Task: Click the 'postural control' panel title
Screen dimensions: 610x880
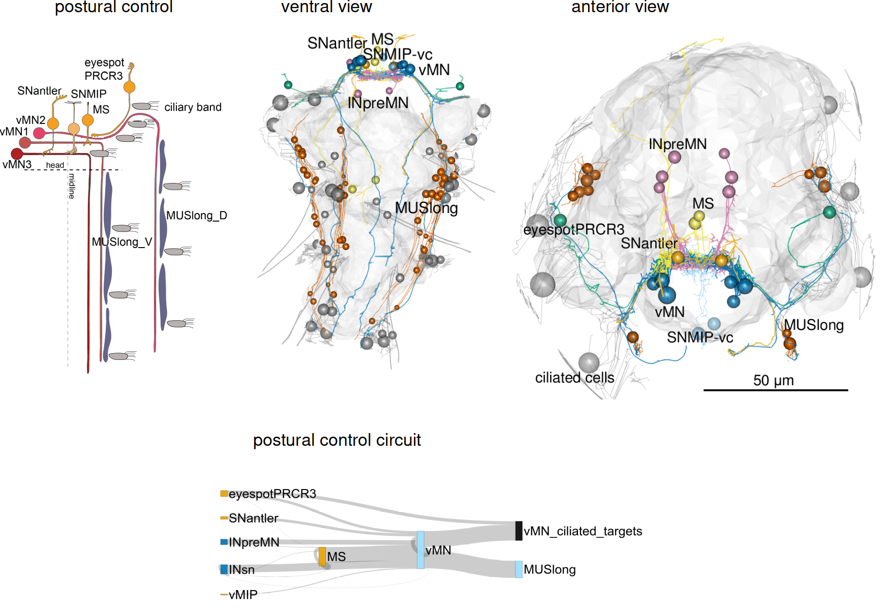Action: pyautogui.click(x=114, y=7)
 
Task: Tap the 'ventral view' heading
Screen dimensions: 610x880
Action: pyautogui.click(x=326, y=7)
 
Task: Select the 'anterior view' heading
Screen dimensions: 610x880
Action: pyautogui.click(x=620, y=7)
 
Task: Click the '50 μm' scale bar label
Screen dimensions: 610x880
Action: pyautogui.click(x=773, y=380)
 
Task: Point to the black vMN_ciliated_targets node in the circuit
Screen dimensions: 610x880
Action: pyautogui.click(x=519, y=531)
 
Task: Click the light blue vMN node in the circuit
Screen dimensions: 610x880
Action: pyautogui.click(x=420, y=550)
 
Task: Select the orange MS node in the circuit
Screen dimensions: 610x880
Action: pyautogui.click(x=322, y=557)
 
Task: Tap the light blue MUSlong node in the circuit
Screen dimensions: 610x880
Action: pyautogui.click(x=519, y=569)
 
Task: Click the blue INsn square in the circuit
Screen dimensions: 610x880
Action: pyautogui.click(x=224, y=569)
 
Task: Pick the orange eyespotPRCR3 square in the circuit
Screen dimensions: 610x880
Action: pyautogui.click(x=224, y=494)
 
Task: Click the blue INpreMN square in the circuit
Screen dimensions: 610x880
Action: pyautogui.click(x=224, y=542)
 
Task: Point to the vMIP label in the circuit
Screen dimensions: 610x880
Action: pyautogui.click(x=243, y=594)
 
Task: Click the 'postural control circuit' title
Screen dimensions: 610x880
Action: pyautogui.click(x=337, y=440)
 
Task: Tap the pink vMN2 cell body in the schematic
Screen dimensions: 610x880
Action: pyautogui.click(x=39, y=133)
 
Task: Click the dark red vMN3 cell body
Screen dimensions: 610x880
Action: pyautogui.click(x=17, y=154)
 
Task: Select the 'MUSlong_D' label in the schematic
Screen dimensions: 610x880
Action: pyautogui.click(x=196, y=216)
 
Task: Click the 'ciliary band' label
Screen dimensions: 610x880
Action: pyautogui.click(x=193, y=107)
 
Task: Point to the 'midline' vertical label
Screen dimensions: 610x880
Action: pyautogui.click(x=72, y=186)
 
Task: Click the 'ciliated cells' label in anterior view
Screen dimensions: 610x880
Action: pyautogui.click(x=574, y=378)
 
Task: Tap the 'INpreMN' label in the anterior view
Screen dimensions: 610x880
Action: pyautogui.click(x=677, y=144)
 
